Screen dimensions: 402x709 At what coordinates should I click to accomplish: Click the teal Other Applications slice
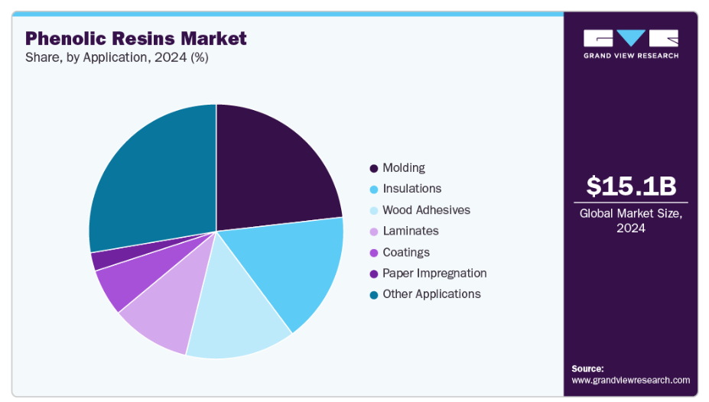click(x=149, y=176)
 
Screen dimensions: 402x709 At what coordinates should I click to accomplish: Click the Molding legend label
click(x=403, y=168)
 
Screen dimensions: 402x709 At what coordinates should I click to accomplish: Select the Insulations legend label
click(x=411, y=189)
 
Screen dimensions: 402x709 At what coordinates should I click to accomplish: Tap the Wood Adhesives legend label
click(x=426, y=210)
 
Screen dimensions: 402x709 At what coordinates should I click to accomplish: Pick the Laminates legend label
click(x=410, y=231)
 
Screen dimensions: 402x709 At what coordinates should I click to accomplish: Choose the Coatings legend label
click(x=405, y=252)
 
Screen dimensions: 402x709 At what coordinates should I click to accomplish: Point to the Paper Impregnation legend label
click(x=434, y=273)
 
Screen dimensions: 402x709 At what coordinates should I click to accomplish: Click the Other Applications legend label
click(x=431, y=294)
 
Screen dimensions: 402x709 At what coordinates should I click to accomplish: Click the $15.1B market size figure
click(x=631, y=186)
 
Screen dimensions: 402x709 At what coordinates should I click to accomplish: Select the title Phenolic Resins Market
click(x=136, y=38)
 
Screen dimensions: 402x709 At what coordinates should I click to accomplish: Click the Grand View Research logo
click(x=630, y=44)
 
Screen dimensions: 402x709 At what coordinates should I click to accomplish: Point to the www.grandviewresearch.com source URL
click(x=630, y=380)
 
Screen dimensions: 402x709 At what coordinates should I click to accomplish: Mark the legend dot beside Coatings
click(x=373, y=252)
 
